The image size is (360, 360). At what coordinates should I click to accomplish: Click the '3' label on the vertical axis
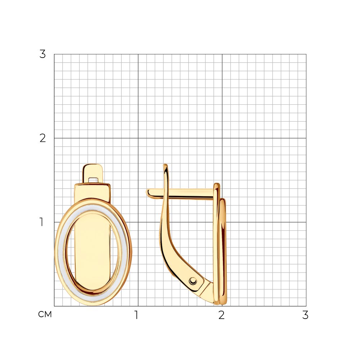point(42,54)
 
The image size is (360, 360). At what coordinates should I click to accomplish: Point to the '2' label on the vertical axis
point(42,138)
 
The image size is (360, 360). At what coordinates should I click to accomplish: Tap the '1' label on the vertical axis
point(41,222)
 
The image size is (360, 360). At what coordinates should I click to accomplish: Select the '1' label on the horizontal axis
point(136,315)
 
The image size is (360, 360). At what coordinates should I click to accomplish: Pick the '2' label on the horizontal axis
point(221,315)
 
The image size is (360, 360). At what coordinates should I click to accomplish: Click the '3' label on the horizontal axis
point(305,315)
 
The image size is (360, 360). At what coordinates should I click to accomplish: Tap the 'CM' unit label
point(45,314)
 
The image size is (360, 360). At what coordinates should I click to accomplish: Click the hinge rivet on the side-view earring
point(193,281)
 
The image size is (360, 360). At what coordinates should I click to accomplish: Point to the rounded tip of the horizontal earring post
point(148,193)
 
